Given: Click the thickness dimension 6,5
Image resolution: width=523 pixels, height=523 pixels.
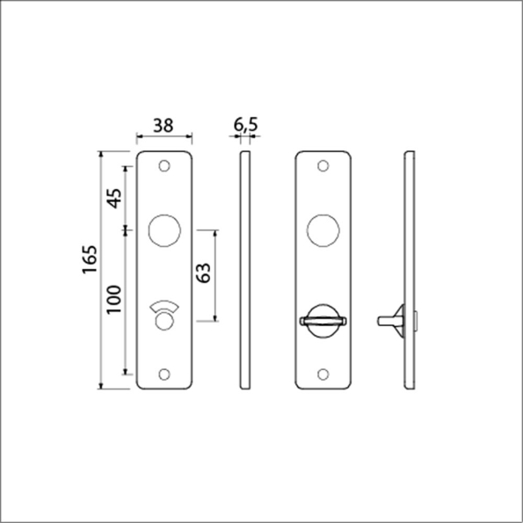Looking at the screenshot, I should click(245, 126).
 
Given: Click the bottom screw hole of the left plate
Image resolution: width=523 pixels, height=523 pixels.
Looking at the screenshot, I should click(165, 372).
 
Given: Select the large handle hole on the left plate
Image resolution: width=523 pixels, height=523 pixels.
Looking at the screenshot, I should click(163, 229).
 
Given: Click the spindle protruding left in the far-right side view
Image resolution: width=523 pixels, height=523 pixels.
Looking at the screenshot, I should click(387, 316).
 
